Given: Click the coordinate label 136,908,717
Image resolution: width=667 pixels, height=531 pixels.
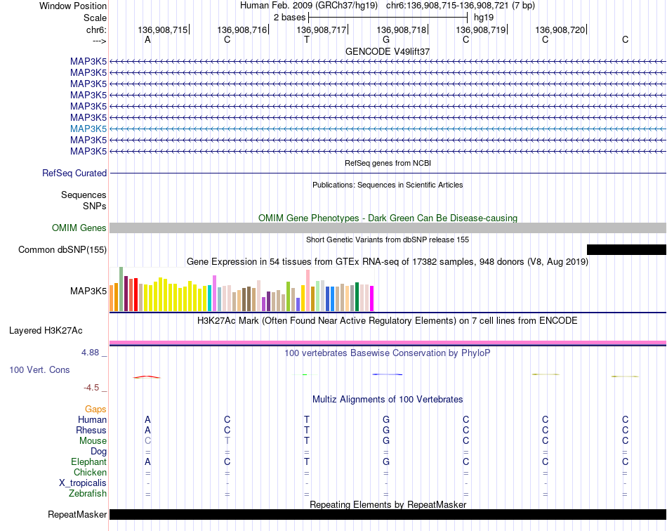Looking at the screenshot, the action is point(321,29).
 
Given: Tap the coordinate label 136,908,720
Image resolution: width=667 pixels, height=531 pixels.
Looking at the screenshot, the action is point(560,29).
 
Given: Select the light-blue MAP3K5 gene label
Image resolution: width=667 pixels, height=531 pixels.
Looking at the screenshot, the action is point(88,129).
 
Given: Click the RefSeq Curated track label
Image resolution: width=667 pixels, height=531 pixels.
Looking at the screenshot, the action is point(74,173).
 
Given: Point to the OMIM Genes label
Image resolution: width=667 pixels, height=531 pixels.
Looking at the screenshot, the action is point(79,228).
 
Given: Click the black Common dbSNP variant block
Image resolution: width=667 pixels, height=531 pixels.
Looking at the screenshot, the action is point(626,249).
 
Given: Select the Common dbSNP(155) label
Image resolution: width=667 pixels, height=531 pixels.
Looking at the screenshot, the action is point(62,250).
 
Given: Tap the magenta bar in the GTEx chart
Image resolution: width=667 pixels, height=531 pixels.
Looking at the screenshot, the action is point(371,299).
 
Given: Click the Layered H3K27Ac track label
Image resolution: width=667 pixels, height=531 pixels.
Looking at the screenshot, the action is point(46,331).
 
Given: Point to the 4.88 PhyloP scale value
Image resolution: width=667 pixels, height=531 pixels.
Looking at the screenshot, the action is point(90,353).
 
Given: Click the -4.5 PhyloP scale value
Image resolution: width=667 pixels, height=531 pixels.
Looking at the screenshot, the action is point(91,387).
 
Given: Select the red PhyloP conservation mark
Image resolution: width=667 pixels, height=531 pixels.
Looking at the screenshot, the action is point(147,377).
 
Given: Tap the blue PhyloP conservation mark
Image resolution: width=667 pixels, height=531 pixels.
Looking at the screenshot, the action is point(387,374).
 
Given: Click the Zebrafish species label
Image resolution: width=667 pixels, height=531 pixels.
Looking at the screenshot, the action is point(88,494).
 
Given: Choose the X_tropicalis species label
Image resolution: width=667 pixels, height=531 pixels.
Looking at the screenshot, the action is point(83,483).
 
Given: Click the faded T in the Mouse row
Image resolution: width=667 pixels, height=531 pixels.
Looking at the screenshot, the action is point(227,441).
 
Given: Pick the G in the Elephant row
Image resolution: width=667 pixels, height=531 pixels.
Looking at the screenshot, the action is point(386,461).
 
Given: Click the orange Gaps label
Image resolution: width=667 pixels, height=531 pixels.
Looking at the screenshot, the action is point(95,409).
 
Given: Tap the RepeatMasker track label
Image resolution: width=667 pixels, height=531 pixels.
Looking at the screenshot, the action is point(77,514).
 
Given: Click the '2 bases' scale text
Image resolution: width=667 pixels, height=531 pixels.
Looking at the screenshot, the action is point(289,18).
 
